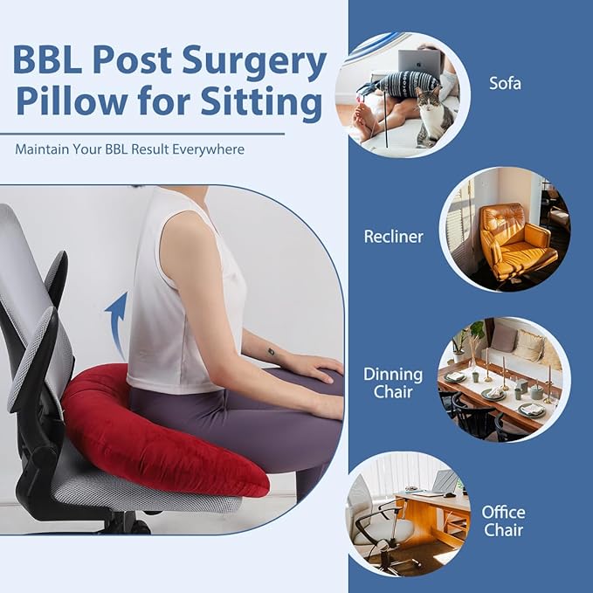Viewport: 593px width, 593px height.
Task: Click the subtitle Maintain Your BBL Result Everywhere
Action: [130, 149]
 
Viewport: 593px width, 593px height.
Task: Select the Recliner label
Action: [394, 236]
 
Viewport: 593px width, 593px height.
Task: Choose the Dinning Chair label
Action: [392, 383]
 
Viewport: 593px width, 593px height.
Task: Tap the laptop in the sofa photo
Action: [419, 62]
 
